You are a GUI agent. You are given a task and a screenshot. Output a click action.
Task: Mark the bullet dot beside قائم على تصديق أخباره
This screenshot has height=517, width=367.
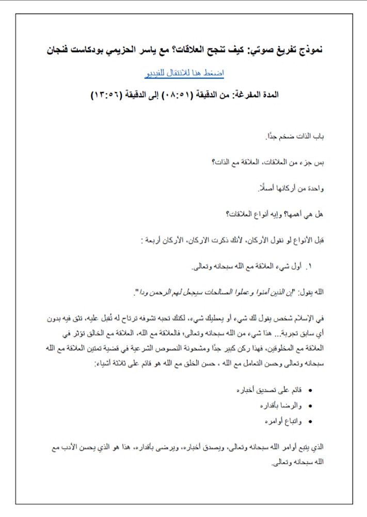point(309,388)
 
